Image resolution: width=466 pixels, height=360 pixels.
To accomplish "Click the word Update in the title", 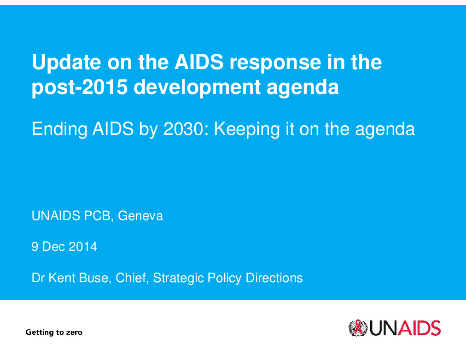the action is [x=66, y=62].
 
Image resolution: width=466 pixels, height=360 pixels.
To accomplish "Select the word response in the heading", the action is [x=275, y=63].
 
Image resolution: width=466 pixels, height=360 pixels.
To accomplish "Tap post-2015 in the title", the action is [x=79, y=87].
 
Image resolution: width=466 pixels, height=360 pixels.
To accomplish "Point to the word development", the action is [x=197, y=87].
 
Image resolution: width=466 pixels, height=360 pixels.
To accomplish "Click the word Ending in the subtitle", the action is [x=59, y=129].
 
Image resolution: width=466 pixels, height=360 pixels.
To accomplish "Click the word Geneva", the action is [x=140, y=215].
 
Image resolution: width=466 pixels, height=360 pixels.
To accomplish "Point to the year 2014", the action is [x=82, y=247].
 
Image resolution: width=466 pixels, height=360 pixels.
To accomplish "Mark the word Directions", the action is [x=274, y=278].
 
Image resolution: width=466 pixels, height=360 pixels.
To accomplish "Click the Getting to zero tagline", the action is [x=54, y=332].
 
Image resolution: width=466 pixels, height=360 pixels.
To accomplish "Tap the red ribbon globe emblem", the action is [x=358, y=328].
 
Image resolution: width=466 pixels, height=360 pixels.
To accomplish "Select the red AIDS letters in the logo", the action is [x=419, y=328].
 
